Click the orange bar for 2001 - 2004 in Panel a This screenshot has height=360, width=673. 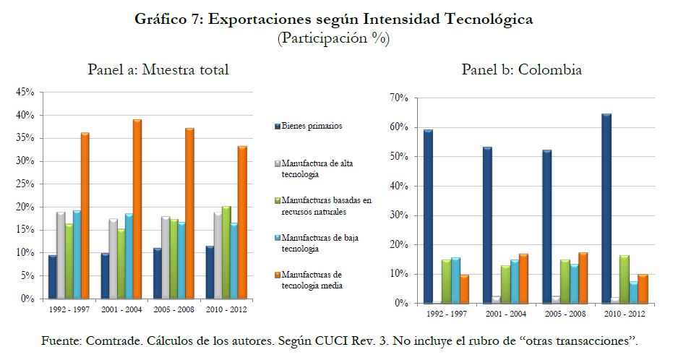pos(137,209)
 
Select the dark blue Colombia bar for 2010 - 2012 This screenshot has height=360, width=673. pos(606,209)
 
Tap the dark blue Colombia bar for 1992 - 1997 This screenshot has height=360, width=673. pos(429,217)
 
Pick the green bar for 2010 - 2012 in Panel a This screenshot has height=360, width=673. pos(226,252)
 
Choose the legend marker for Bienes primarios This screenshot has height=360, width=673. pos(276,127)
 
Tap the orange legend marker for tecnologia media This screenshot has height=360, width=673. pos(276,275)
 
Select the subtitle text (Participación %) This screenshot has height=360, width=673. pos(333,38)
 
